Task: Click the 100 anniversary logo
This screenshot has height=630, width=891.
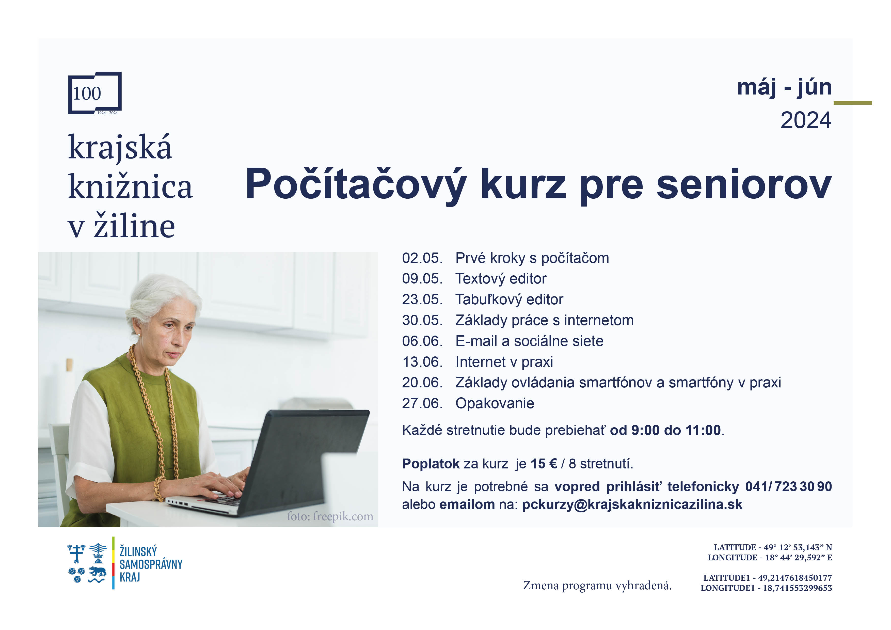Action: [x=95, y=93]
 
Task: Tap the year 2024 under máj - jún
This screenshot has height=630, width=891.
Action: [x=806, y=120]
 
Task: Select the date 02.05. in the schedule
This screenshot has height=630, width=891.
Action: [x=422, y=258]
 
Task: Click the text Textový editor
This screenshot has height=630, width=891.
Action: [x=501, y=279]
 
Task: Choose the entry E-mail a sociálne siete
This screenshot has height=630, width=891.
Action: [x=529, y=341]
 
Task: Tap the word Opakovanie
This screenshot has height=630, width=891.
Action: [x=495, y=404]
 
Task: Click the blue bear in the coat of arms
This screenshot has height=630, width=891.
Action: [x=97, y=571]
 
